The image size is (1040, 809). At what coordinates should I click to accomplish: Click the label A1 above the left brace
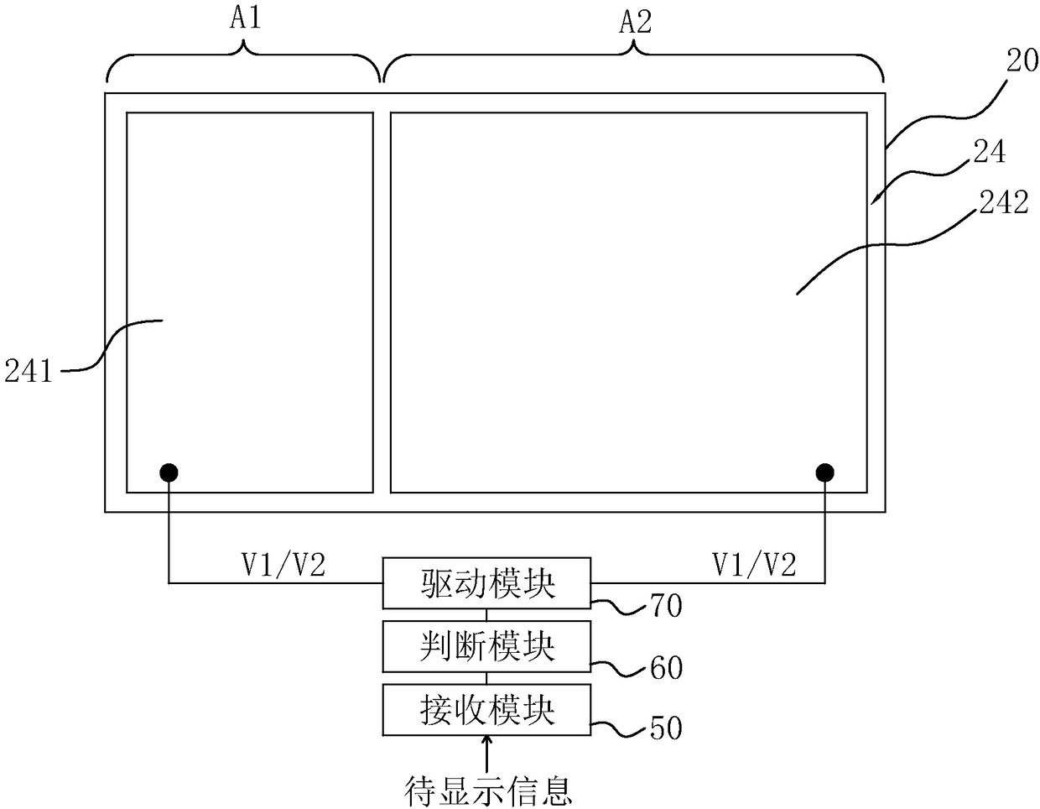245,18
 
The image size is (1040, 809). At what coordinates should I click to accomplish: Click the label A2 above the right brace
635,22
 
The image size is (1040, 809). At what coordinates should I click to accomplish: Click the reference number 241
29,370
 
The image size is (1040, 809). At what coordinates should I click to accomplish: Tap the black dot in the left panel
169,472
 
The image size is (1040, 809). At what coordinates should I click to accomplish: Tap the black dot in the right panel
825,472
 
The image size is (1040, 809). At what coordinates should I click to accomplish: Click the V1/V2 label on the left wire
283,566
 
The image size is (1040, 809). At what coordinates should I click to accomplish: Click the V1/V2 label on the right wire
754,566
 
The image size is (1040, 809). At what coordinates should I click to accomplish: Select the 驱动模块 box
486,583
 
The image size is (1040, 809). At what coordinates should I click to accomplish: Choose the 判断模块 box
486,647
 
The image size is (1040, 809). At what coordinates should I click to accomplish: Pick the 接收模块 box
486,710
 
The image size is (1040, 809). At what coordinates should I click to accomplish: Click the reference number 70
666,605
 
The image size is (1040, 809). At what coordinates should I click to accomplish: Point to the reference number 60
666,668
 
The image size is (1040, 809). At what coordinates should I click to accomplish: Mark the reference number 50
666,728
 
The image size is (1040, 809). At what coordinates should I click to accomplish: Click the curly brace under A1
244,63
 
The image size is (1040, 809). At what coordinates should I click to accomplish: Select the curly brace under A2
634,63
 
